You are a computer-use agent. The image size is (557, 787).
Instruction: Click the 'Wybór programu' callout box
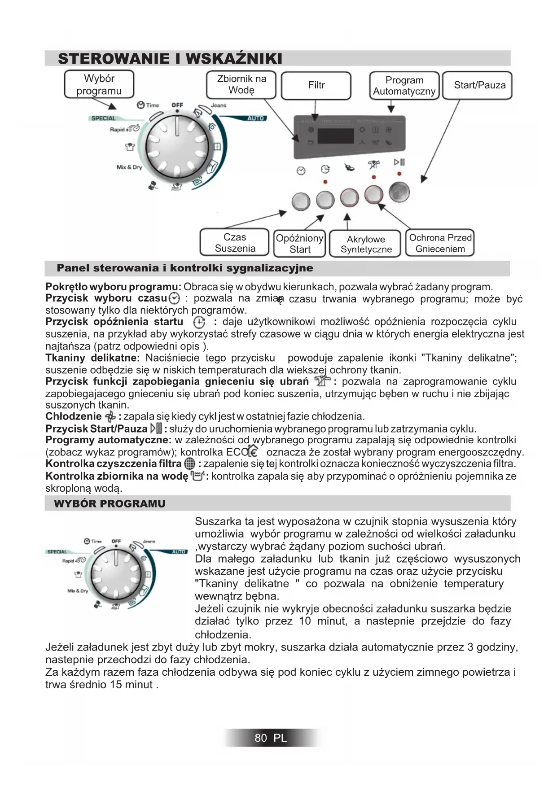[99, 84]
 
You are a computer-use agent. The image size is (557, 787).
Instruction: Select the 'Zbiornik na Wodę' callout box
[241, 84]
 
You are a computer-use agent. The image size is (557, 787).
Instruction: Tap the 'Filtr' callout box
[316, 85]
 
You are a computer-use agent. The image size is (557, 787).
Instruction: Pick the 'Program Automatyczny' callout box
[404, 86]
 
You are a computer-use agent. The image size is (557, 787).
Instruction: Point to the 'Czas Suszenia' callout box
[235, 243]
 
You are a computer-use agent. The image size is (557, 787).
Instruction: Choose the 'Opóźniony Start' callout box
[299, 244]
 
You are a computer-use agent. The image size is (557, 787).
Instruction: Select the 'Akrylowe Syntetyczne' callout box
[365, 244]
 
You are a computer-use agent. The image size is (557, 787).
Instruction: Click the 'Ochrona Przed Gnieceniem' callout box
[440, 243]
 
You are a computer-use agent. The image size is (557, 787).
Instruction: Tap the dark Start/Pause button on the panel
[399, 192]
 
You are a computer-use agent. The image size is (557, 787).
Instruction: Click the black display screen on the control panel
[335, 136]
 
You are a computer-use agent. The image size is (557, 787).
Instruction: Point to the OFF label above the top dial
[177, 105]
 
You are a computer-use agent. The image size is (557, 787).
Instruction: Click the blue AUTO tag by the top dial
[255, 118]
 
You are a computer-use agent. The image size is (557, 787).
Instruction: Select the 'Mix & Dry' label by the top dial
[129, 167]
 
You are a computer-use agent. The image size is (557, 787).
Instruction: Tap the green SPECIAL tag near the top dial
[103, 118]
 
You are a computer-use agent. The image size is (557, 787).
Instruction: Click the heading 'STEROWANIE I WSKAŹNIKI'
[170, 59]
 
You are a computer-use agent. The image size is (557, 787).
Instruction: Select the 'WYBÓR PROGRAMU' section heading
[110, 504]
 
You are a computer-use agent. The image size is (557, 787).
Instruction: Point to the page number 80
[260, 738]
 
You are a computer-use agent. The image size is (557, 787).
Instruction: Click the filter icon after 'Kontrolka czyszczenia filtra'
[190, 464]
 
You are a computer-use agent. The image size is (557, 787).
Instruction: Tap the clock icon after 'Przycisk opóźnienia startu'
[199, 322]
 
